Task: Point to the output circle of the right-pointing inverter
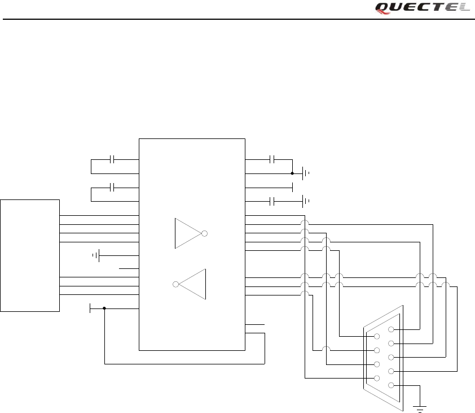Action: point(204,233)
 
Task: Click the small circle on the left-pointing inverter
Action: point(176,284)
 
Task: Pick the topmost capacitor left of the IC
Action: point(113,159)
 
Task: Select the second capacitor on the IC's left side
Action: point(113,187)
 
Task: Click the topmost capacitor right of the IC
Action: point(272,159)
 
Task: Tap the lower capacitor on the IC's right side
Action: point(272,201)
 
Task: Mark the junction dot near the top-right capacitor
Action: point(292,173)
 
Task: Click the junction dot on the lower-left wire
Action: point(104,308)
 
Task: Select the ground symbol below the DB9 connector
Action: point(419,406)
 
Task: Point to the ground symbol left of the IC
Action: point(97,256)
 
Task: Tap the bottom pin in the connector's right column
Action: point(391,385)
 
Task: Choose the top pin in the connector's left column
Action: point(376,337)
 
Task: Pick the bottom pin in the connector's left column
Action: point(376,379)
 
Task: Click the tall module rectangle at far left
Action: point(30,255)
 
